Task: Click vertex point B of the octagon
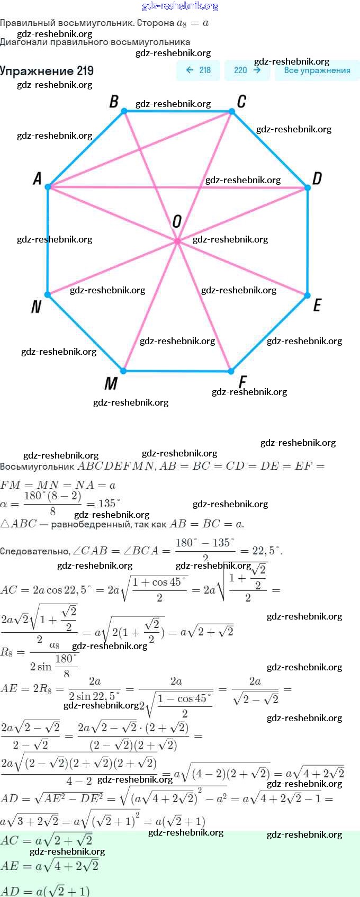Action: click(124, 111)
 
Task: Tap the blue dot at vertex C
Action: click(232, 112)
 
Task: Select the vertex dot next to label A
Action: click(48, 187)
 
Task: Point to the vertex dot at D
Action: click(308, 188)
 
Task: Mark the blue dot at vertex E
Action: click(308, 295)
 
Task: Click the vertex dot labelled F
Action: click(231, 371)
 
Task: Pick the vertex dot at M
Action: click(123, 371)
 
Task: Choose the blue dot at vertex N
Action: click(48, 294)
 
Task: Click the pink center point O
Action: click(177, 241)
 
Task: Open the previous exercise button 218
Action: click(198, 70)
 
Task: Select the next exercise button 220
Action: click(247, 70)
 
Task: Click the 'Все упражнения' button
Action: click(317, 70)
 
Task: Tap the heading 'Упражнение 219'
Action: click(47, 70)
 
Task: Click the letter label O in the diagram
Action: click(177, 221)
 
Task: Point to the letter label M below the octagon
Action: click(111, 383)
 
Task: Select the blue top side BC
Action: click(178, 112)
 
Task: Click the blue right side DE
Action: click(308, 241)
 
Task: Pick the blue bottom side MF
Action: click(177, 371)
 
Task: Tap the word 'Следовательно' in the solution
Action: click(35, 551)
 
